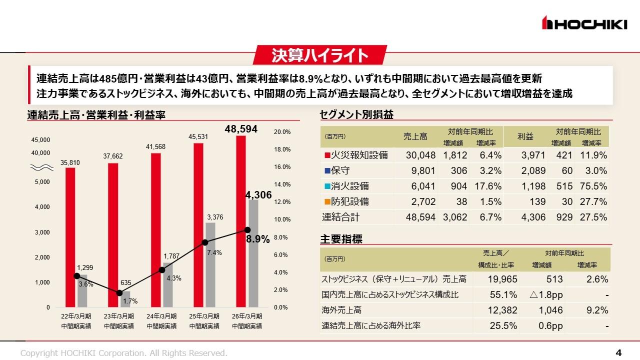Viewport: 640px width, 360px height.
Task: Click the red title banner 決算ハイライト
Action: coord(320,55)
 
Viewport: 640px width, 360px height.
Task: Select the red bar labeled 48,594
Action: coord(241,220)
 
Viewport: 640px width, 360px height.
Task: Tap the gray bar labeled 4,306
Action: coord(253,252)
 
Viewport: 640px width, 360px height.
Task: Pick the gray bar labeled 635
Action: coord(125,299)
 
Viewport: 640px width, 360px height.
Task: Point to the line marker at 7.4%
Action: coord(204,242)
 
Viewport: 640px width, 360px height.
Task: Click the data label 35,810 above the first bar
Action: coord(70,162)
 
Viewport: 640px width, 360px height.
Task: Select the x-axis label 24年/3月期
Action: coord(161,316)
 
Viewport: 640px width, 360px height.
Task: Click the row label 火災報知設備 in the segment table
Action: coord(359,155)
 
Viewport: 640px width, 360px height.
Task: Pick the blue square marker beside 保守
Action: coord(327,171)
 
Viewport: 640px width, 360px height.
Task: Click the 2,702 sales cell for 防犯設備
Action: coord(420,201)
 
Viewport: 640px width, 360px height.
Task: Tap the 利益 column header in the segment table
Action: coord(525,136)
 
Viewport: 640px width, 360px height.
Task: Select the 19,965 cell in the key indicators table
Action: coord(502,279)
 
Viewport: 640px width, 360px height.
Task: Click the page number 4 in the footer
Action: coord(618,353)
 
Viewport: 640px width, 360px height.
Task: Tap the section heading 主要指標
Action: coord(341,239)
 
